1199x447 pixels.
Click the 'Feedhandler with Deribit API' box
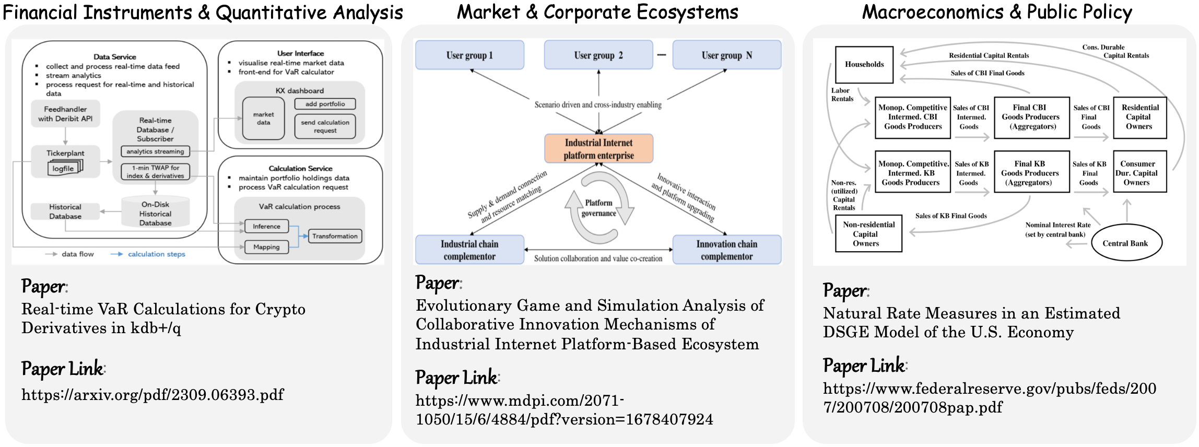click(x=65, y=114)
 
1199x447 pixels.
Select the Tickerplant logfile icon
click(x=64, y=168)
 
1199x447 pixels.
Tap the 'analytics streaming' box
click(x=155, y=151)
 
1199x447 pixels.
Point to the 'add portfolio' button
click(x=325, y=104)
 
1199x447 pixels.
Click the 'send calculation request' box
click(x=325, y=126)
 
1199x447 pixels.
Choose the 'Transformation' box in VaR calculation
click(x=335, y=236)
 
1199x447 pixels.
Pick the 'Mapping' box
click(x=266, y=247)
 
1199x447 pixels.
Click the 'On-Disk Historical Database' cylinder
click(x=155, y=213)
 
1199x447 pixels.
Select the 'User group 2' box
click(x=598, y=55)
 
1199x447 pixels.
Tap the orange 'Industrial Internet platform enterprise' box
click(x=598, y=149)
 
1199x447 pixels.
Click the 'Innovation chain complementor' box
click(x=726, y=250)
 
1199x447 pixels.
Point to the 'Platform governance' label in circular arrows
click(x=598, y=208)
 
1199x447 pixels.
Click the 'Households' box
click(x=864, y=64)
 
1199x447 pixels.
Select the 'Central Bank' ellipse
click(x=1125, y=243)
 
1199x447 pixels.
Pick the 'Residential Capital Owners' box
click(x=1139, y=117)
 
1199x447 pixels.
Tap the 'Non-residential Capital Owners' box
click(x=868, y=234)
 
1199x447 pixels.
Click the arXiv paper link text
click(x=152, y=394)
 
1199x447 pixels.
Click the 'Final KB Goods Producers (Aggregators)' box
click(x=1030, y=173)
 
